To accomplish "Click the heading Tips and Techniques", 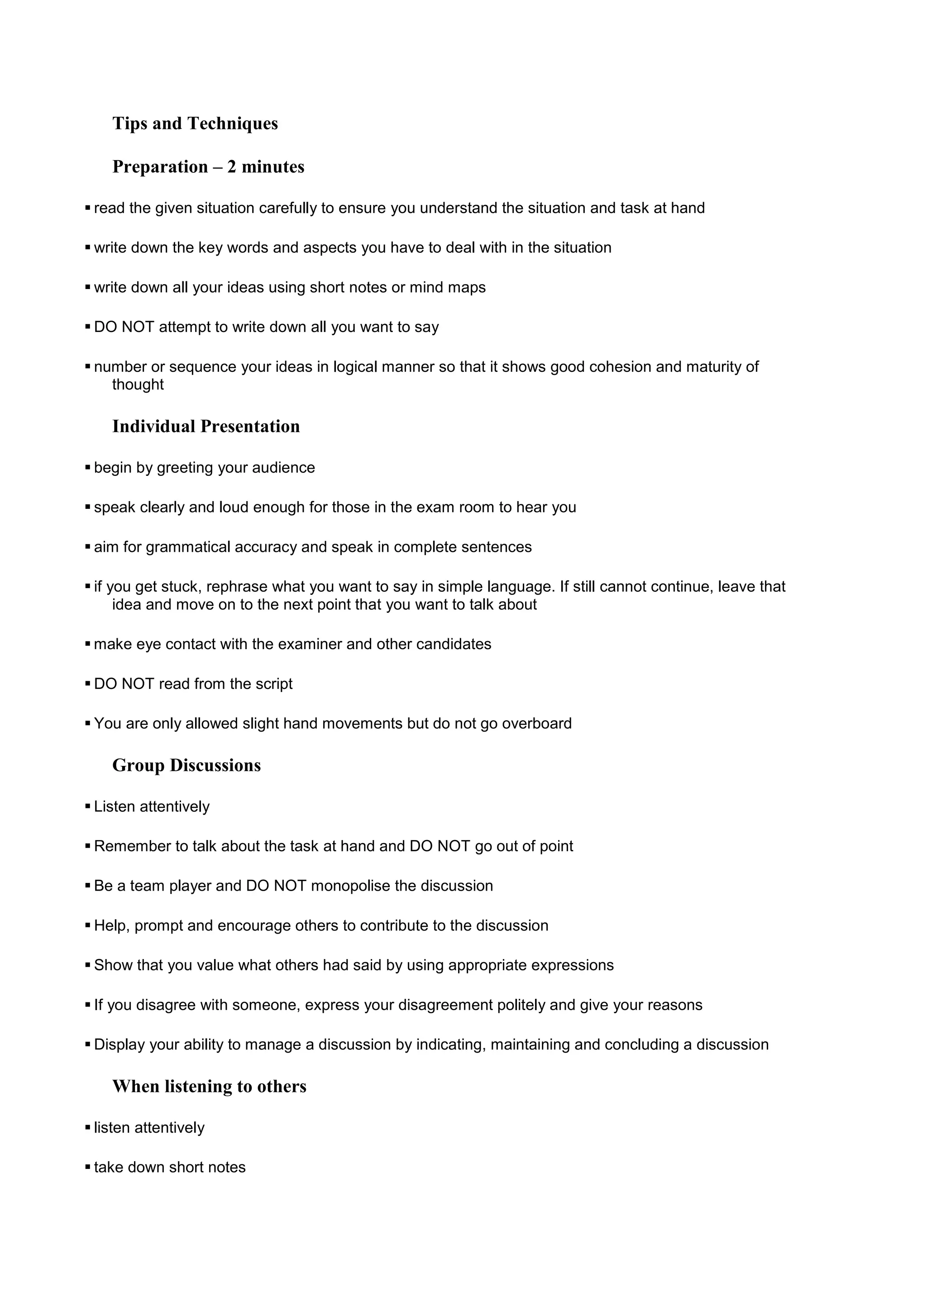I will tap(195, 123).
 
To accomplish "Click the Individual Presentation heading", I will tap(205, 426).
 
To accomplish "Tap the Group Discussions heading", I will tap(186, 765).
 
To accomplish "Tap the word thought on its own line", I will tap(138, 384).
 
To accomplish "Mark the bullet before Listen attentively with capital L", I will tap(88, 806).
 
